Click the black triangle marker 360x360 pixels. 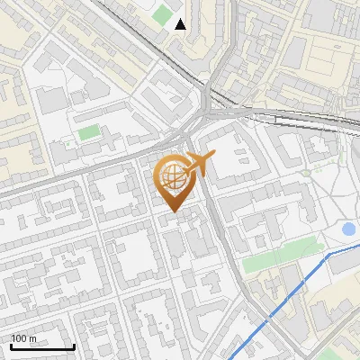click(x=181, y=24)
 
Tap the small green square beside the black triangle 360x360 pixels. click(x=162, y=15)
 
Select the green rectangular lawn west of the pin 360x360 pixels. click(x=88, y=133)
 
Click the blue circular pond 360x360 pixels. click(x=349, y=229)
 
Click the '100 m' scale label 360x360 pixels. click(x=24, y=338)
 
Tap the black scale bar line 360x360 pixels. click(x=41, y=346)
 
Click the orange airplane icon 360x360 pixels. click(x=199, y=164)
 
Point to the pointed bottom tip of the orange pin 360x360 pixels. click(x=175, y=211)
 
